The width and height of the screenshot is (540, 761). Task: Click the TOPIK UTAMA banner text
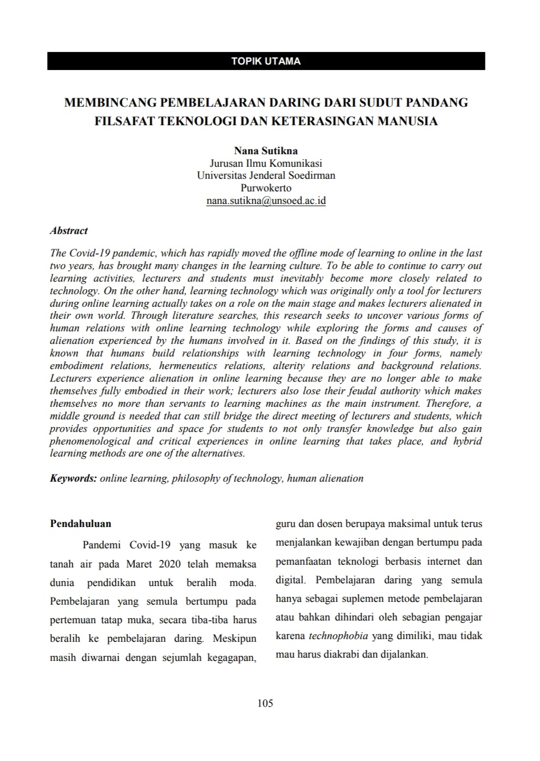pos(266,61)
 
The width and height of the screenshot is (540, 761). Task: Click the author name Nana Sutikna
pos(266,150)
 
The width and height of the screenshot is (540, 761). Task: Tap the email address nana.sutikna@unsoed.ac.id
pos(266,201)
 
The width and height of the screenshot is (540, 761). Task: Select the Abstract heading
pos(69,231)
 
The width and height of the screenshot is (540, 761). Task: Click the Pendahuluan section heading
pos(80,523)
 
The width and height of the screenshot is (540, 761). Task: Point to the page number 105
pos(265,703)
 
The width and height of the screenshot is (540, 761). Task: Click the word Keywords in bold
pos(73,478)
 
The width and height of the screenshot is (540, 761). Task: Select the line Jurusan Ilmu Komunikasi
pos(266,163)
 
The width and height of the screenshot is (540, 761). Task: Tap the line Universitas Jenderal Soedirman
pos(266,175)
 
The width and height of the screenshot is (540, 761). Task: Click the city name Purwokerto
pos(266,188)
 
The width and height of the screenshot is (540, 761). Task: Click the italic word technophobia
pos(338,636)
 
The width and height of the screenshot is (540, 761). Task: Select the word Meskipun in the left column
pos(234,638)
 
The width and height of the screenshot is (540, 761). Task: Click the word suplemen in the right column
pos(350,599)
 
